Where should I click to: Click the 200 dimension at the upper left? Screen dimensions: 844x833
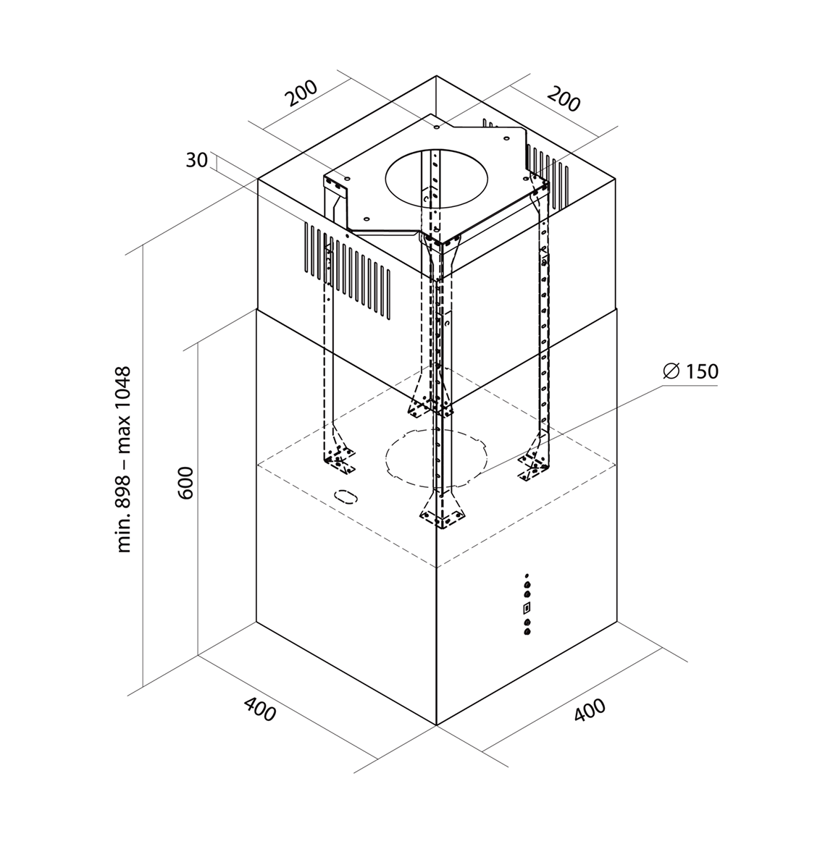300,93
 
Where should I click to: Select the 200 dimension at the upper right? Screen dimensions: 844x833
564,99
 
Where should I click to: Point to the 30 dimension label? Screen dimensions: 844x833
196,160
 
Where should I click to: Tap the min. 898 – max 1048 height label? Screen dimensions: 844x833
124,460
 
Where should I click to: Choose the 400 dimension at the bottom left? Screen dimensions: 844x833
259,709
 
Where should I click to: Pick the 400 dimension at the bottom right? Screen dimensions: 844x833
590,710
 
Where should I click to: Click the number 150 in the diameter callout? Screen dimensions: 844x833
700,371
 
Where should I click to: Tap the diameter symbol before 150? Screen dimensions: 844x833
671,371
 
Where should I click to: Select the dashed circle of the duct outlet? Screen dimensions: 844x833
435,458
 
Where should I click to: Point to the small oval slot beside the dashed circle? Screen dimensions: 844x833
346,497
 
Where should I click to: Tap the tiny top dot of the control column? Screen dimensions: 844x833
527,577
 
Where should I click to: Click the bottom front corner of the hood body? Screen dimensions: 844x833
437,723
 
